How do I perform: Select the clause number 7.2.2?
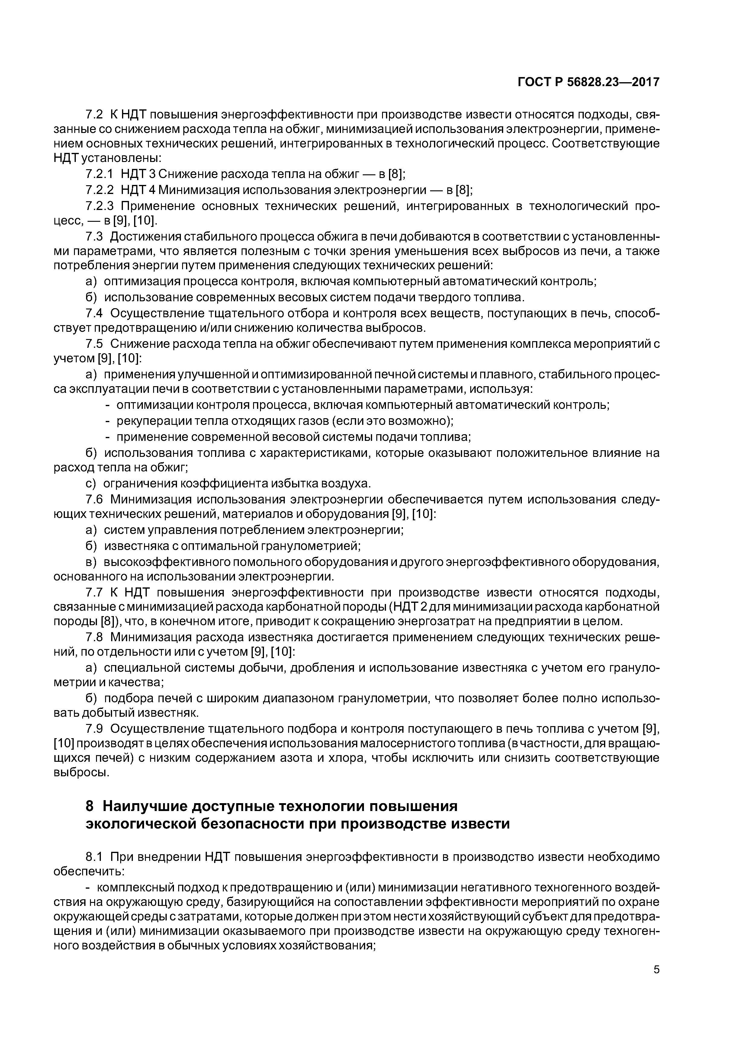pos(99,190)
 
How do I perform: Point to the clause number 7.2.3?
pos(99,205)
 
